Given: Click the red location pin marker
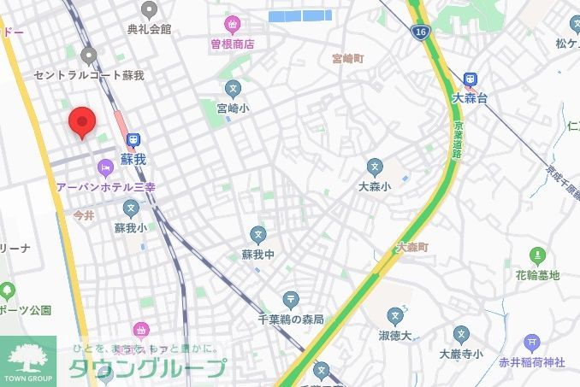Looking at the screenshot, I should pos(81,121).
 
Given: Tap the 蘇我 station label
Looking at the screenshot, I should pos(133,159).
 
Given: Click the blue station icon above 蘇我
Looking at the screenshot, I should pos(133,141).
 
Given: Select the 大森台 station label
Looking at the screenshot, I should pos(470,98).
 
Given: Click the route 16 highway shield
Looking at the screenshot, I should pos(418,32).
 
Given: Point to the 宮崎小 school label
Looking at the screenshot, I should pos(233,108).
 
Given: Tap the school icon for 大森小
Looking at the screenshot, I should pos(375,166).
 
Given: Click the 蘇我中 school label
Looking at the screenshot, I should pos(258,255).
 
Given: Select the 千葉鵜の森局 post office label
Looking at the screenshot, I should pos(291,319).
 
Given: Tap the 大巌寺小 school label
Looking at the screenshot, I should pos(461,353).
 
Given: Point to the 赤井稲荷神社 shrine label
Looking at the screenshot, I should pos(532,362).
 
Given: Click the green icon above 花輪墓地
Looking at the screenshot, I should pos(537,255).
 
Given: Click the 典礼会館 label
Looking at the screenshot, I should pos(150,29).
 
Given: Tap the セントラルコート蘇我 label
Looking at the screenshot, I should pos(89,75).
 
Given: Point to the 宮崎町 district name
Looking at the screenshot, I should pos(348,59).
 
